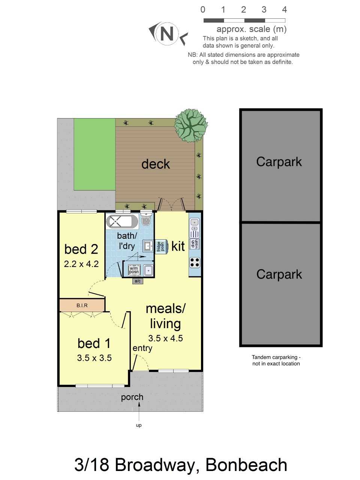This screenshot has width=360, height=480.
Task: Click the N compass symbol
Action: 167,33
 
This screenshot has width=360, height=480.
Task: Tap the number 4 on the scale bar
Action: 284,10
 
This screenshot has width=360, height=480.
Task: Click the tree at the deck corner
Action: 191,125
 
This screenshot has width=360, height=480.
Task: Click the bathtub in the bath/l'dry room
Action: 122,221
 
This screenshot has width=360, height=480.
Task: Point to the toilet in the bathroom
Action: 145,219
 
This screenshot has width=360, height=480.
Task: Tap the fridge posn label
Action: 161,246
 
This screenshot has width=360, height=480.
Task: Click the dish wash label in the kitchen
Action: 195,244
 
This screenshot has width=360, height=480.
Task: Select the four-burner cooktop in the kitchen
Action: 195,262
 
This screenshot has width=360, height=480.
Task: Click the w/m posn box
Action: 133,270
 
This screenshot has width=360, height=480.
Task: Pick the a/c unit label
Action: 138,281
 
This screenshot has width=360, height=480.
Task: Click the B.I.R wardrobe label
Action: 82,305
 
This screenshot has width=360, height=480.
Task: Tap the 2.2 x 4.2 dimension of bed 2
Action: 81,264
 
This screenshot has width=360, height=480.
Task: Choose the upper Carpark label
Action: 279,162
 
